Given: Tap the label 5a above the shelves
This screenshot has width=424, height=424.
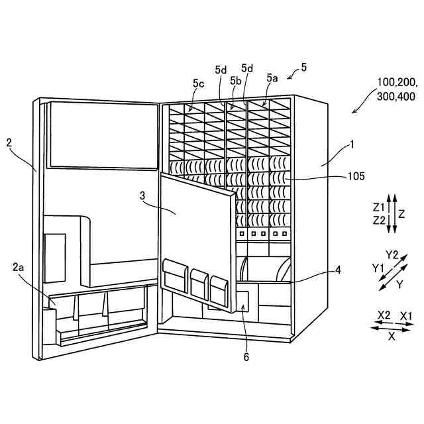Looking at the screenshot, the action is (272, 78).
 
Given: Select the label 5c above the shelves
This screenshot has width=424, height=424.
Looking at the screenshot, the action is (198, 83).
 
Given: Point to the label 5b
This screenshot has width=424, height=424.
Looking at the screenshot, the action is (235, 80).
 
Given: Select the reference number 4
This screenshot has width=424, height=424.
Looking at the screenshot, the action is (338, 270).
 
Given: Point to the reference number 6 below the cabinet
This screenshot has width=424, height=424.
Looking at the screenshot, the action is (246, 356).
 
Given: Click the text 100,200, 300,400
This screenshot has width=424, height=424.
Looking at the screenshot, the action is (396, 89).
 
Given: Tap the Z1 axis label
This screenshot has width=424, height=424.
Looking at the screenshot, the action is (380, 207).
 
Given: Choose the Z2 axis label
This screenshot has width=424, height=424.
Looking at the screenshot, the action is (380, 219).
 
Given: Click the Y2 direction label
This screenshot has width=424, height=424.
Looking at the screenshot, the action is (392, 255).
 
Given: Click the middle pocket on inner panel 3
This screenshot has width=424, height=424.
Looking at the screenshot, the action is (199, 281).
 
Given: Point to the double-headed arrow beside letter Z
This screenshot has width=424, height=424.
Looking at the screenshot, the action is (392, 213).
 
